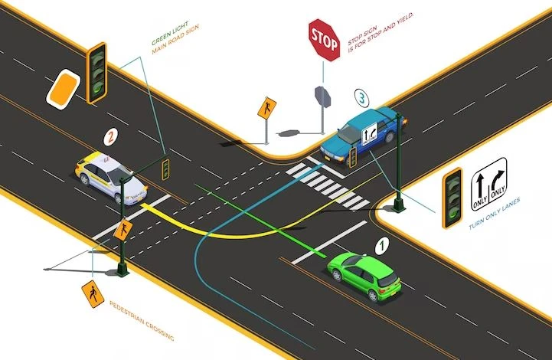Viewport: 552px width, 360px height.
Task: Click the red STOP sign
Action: (324, 40)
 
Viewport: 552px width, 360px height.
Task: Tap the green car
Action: (364, 276)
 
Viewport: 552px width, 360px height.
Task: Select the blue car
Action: (363, 135)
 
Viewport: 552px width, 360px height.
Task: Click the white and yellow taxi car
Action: (110, 178)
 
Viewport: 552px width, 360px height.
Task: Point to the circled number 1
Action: (381, 246)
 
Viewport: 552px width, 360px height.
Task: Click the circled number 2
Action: (110, 136)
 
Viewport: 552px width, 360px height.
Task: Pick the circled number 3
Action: (362, 97)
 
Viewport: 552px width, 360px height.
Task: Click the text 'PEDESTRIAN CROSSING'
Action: (142, 320)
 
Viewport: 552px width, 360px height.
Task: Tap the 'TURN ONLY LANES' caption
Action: (495, 214)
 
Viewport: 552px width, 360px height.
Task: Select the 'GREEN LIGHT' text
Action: (170, 33)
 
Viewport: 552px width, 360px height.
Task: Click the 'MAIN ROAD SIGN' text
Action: (175, 39)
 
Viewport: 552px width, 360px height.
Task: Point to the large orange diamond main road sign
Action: (64, 88)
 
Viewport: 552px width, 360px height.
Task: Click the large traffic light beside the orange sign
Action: (96, 74)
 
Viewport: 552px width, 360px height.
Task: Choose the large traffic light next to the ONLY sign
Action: (452, 198)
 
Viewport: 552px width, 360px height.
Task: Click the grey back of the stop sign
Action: (322, 97)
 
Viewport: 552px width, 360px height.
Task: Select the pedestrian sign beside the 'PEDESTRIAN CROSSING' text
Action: (93, 294)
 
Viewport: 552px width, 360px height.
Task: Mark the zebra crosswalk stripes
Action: (328, 185)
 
